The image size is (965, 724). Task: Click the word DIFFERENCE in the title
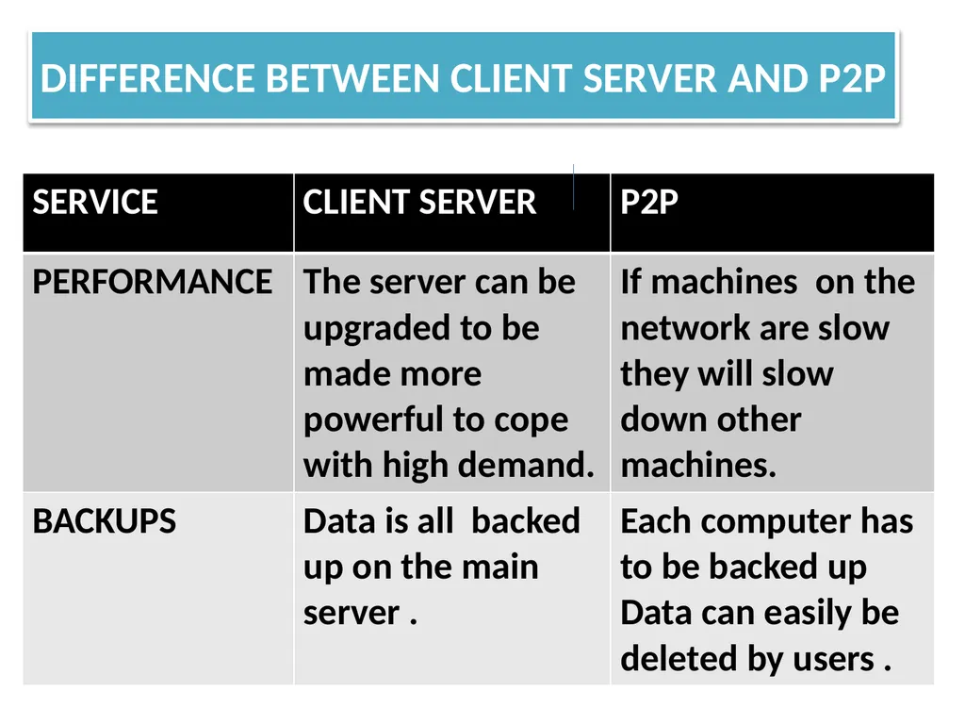pos(148,79)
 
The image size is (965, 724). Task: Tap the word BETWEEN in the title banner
pos(352,79)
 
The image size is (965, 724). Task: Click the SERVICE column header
pos(95,202)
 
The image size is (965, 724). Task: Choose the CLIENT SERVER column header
pos(419,202)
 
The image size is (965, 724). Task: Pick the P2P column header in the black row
pos(649,202)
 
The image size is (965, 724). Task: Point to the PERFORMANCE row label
pos(152,282)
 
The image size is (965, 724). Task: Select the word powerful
pos(373,420)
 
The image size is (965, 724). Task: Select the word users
pos(834,660)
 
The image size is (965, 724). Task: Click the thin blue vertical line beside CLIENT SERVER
pos(574,188)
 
